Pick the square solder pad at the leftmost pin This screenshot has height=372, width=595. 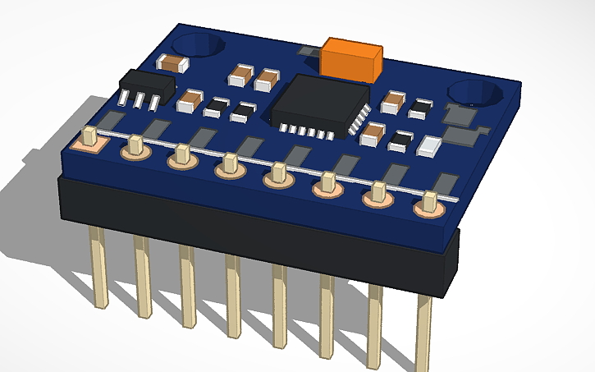pos(89,142)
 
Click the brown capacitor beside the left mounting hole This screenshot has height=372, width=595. pos(173,62)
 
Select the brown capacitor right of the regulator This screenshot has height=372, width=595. pos(189,101)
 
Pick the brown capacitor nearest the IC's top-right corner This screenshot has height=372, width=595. pos(393,102)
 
